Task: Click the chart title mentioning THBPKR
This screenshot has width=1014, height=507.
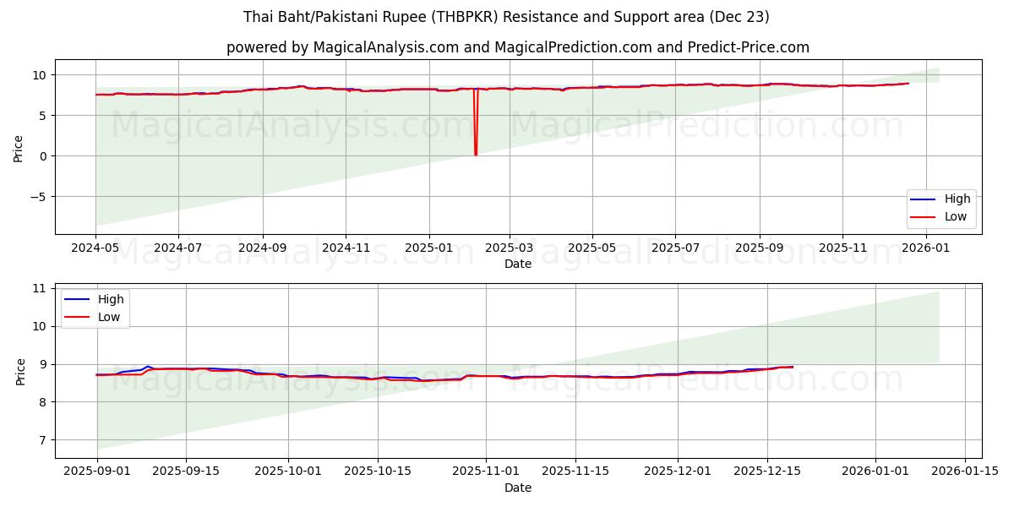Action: [x=506, y=17]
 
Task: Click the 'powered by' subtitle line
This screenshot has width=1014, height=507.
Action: [x=517, y=47]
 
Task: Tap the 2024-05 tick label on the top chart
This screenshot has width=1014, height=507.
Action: [x=95, y=248]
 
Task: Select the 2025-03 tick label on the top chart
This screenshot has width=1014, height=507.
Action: [x=510, y=248]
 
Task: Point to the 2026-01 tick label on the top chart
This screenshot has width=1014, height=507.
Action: [x=927, y=248]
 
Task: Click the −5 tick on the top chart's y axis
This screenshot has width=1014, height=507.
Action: [x=40, y=197]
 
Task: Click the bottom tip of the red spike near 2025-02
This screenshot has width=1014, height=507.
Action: [x=476, y=155]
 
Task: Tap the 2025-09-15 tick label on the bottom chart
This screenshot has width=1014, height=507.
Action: [x=186, y=472]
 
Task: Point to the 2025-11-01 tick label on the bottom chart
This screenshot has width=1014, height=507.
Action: [x=486, y=472]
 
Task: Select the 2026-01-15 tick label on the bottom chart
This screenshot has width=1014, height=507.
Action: [x=965, y=472]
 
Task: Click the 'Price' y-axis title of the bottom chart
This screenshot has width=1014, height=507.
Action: [x=20, y=371]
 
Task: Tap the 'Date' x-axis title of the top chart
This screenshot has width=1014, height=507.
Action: [x=517, y=264]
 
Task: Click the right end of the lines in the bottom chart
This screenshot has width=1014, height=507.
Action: [x=793, y=367]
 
